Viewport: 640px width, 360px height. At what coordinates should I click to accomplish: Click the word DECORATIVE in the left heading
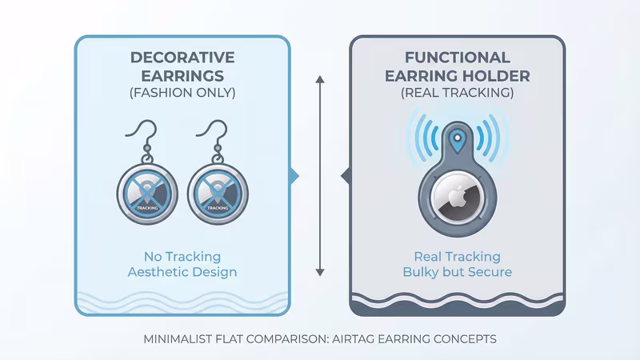point(182,58)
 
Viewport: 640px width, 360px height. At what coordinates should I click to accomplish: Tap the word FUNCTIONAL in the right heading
point(457,58)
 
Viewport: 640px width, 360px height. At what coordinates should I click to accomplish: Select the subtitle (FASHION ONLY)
point(182,93)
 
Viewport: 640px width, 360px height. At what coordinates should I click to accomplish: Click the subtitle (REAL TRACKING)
point(457,93)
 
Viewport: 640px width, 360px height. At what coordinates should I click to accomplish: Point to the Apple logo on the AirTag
point(457,198)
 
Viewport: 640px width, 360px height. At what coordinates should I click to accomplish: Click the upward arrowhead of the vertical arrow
point(320,79)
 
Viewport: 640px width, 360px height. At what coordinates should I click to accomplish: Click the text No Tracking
point(182,257)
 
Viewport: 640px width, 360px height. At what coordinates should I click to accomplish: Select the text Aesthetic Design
point(182,273)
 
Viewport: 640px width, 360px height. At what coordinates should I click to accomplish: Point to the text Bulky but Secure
point(457,273)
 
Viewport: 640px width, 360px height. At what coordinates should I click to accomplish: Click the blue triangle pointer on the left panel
point(294,174)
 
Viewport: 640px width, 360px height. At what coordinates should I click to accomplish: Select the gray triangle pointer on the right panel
point(346,174)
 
